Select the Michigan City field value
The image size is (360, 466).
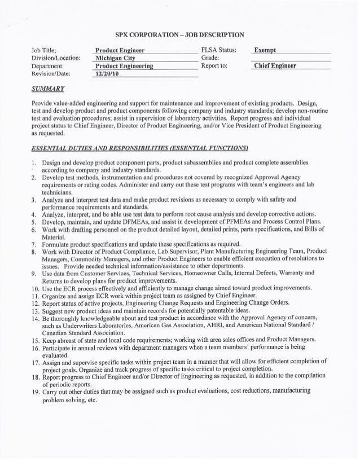pos(120,58)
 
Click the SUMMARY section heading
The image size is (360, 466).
pos(48,90)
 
